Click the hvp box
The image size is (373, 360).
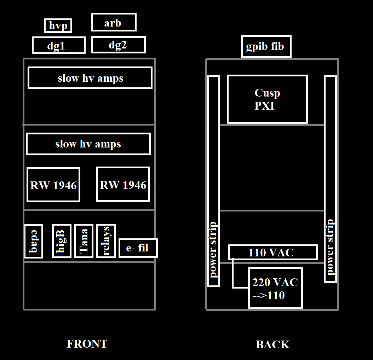58,26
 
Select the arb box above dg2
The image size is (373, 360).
114,23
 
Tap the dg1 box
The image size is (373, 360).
59,45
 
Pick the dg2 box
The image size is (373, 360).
118,45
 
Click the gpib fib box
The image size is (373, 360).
266,46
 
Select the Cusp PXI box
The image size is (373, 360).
267,99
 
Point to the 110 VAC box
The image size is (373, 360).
272,252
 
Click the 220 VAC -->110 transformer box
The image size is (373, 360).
275,288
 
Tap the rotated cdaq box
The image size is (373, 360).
34,241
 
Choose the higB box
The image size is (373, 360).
62,241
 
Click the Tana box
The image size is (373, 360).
84,241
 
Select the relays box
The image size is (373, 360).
106,241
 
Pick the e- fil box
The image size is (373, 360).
138,248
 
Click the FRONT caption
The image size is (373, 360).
87,344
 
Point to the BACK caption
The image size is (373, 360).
272,344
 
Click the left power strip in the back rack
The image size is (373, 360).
213,181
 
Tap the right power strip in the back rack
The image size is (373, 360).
330,179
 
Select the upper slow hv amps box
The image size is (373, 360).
90,78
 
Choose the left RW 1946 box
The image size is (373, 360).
53,185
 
